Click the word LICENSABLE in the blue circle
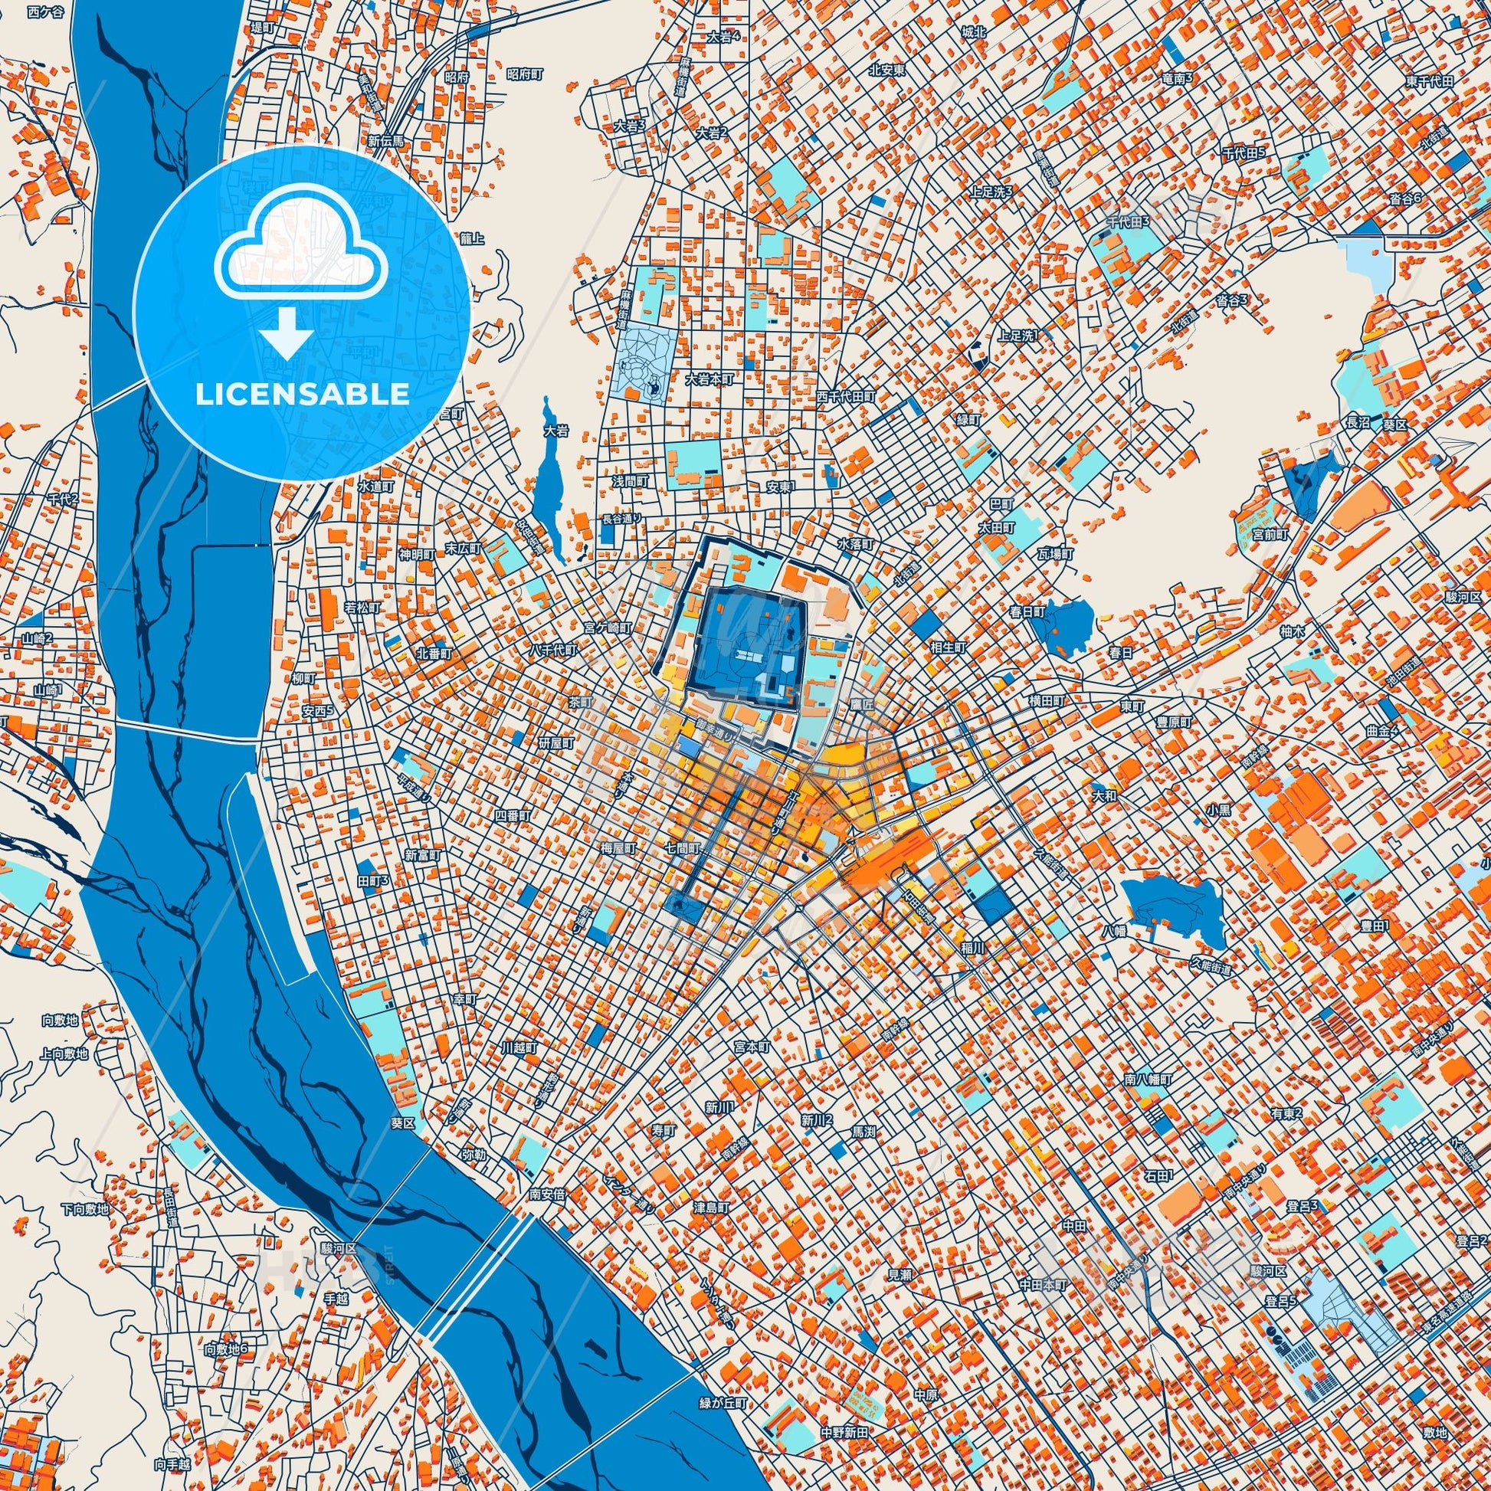(302, 395)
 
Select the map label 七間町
(684, 847)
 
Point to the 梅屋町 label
(618, 847)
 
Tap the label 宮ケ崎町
(608, 628)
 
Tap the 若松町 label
(362, 608)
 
